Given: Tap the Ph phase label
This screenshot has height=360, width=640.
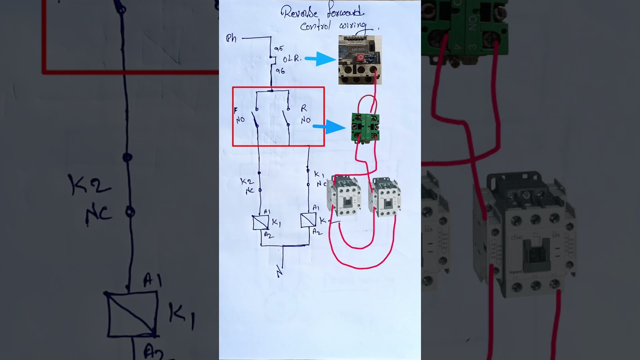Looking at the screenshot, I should [x=231, y=38].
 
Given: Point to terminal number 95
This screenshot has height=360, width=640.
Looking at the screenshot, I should [x=278, y=49].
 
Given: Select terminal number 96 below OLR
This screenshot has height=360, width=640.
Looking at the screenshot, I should [x=280, y=71].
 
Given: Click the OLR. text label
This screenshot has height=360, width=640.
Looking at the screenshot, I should [x=292, y=59].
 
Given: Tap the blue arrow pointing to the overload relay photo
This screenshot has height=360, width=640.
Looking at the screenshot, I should [x=320, y=59].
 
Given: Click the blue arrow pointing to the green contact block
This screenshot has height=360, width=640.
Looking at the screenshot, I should [x=329, y=126].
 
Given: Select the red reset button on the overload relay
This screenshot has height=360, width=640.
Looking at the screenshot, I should [x=360, y=58].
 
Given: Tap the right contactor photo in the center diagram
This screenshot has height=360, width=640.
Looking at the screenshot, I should [x=384, y=197].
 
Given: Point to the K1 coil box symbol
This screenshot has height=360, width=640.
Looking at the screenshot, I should [x=260, y=222].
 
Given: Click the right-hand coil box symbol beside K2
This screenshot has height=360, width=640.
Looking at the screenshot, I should [x=308, y=220].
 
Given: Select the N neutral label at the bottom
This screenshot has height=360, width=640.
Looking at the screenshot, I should [x=279, y=273].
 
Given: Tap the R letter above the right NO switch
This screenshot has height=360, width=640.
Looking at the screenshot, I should [x=303, y=108].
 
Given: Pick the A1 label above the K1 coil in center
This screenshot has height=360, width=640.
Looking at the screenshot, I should [x=267, y=211].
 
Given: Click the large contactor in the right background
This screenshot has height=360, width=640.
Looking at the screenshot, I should [x=525, y=235].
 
